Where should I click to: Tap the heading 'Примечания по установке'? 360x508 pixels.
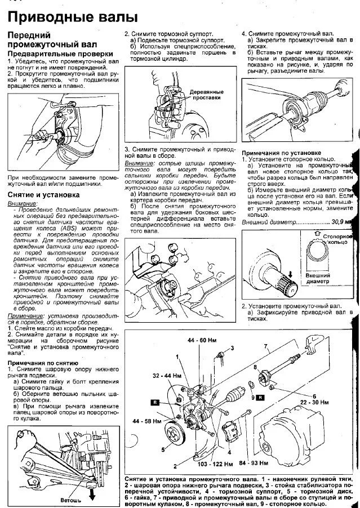tap(282, 153)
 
